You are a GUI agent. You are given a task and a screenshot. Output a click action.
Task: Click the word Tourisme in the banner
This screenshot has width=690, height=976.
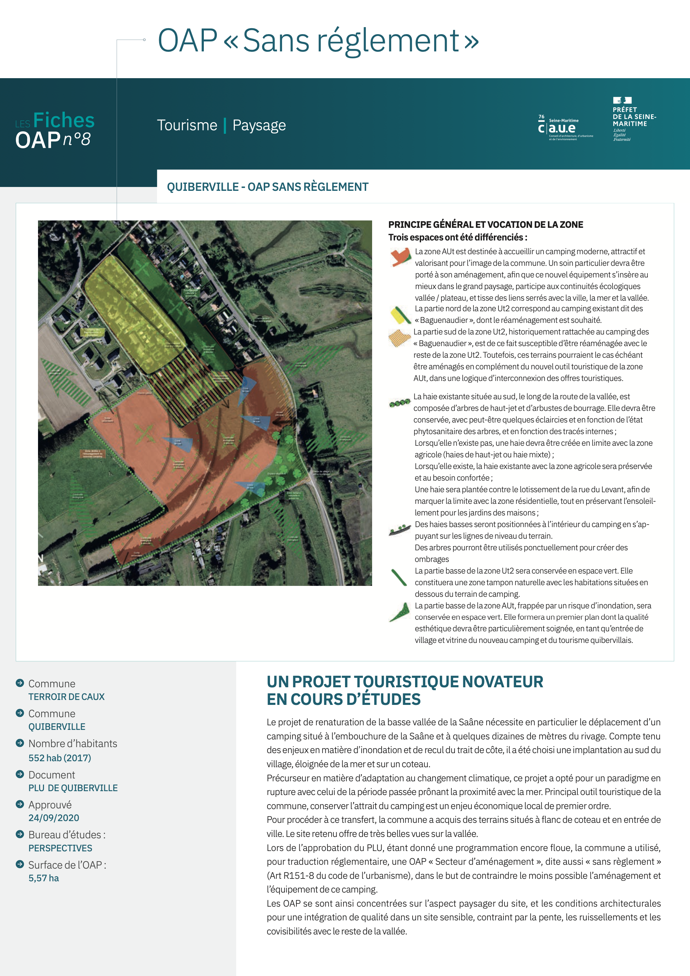pos(187,125)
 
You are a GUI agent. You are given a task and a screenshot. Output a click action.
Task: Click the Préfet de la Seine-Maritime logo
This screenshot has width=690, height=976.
pos(633,119)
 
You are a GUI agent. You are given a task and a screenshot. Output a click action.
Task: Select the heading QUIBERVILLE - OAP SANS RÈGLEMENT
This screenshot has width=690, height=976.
pos(268,187)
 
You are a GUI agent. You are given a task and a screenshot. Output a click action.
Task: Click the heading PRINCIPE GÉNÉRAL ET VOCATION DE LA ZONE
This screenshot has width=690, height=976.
pos(485,224)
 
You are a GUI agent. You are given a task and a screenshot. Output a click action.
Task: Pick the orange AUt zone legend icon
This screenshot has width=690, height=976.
pos(400,257)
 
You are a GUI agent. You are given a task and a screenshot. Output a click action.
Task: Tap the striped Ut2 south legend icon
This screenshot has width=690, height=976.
pos(399,338)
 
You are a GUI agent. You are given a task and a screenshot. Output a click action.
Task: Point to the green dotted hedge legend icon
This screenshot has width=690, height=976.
pos(400,402)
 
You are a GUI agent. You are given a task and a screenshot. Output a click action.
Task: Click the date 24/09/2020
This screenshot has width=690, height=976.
pos(54,818)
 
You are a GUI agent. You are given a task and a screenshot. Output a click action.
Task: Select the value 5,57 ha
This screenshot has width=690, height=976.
pos(44,878)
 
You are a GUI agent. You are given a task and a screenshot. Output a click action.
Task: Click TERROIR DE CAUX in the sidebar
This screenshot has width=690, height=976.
pos(66,696)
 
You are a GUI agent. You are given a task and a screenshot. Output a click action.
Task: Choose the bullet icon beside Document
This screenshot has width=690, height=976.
pos(20,774)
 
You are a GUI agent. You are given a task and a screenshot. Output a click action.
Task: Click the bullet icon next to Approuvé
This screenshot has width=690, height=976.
pos(20,804)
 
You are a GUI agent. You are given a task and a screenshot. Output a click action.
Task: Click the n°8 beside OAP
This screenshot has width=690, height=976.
pos(77,139)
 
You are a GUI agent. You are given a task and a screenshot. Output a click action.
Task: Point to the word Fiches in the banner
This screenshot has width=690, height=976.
pos(64,120)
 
